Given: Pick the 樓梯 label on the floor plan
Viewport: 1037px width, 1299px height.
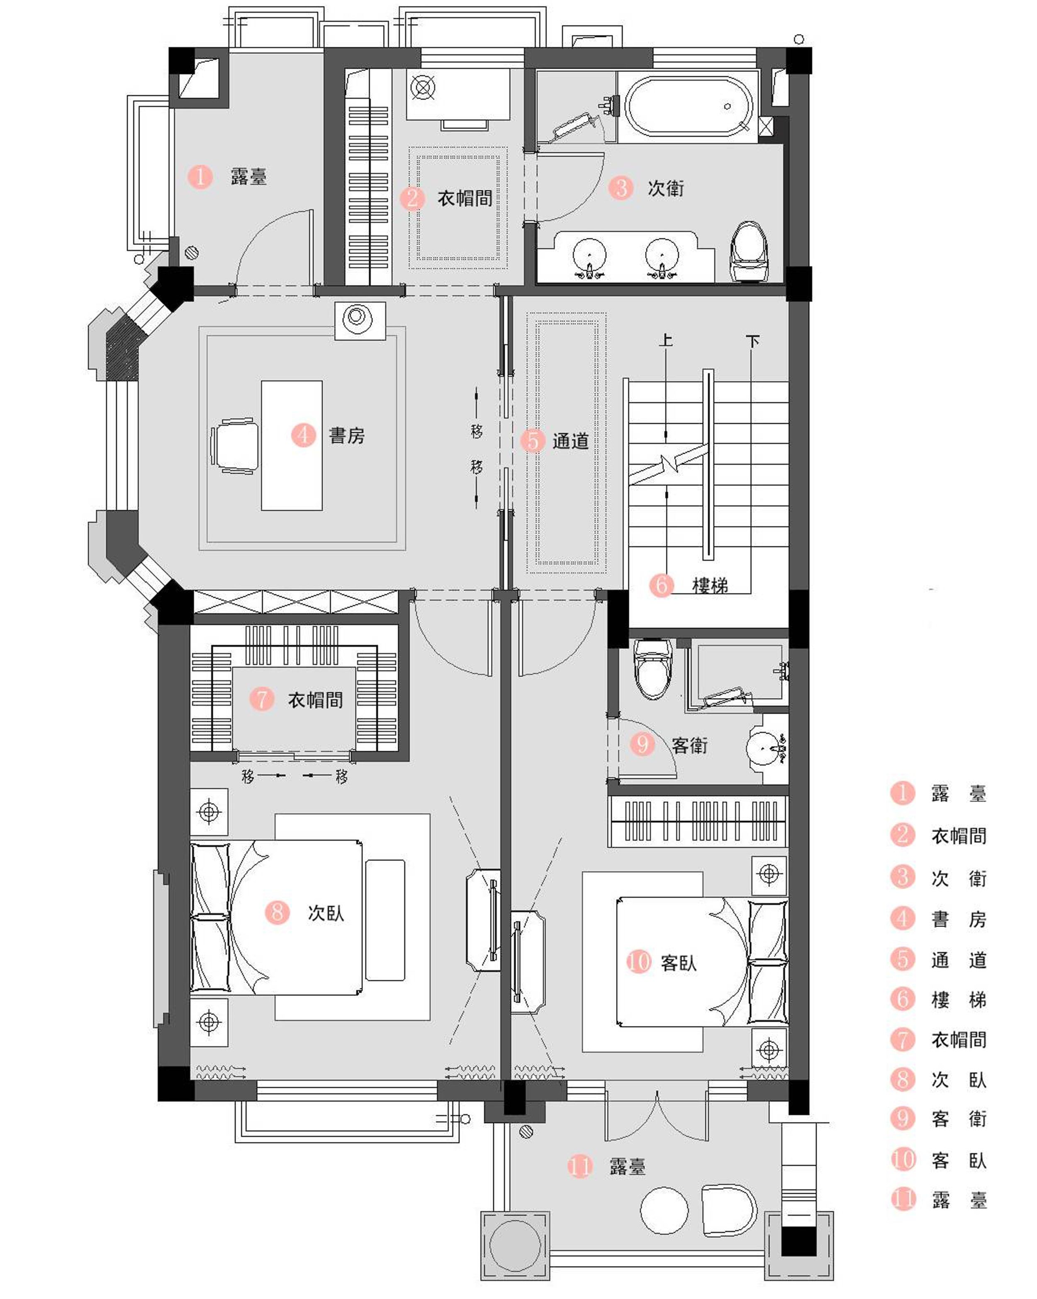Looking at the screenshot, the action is [x=710, y=585].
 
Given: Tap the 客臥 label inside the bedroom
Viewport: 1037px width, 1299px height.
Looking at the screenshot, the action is [x=678, y=963].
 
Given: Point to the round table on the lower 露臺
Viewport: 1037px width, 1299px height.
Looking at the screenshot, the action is [x=663, y=1211].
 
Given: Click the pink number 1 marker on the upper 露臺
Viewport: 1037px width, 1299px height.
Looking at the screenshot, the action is [x=200, y=177].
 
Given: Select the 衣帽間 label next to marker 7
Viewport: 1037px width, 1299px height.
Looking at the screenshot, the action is [x=315, y=699].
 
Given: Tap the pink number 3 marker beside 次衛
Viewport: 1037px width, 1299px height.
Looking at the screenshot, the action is [x=621, y=187].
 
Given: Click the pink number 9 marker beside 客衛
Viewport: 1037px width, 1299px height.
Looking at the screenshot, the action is [x=643, y=744].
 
